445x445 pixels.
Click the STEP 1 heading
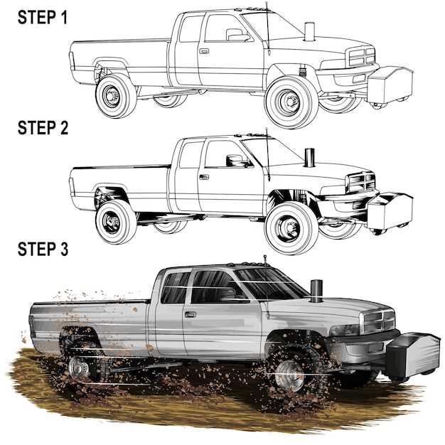(x=43, y=17)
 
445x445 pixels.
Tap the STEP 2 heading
(x=43, y=128)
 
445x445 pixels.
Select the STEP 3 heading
(x=43, y=249)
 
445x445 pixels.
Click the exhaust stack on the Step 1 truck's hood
(x=309, y=32)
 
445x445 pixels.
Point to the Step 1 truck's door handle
(x=204, y=51)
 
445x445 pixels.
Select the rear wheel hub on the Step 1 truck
(x=111, y=96)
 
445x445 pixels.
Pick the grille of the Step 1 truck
(x=362, y=57)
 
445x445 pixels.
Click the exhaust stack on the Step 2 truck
(x=309, y=158)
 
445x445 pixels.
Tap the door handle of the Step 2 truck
(x=204, y=177)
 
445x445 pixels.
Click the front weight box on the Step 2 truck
(x=390, y=210)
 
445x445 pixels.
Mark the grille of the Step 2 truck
(x=362, y=183)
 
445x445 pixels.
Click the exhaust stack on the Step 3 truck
(x=316, y=291)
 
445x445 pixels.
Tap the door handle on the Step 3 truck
(x=191, y=314)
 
